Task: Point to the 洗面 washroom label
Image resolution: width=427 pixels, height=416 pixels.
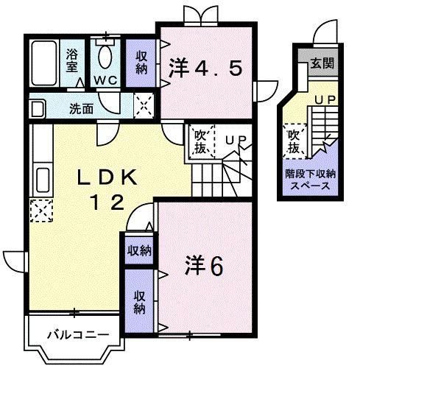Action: pyautogui.click(x=81, y=109)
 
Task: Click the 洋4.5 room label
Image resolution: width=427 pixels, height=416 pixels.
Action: pyautogui.click(x=205, y=69)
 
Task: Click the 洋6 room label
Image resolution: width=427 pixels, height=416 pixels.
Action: pyautogui.click(x=203, y=267)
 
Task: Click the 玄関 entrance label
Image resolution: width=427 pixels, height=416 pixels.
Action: pyautogui.click(x=322, y=63)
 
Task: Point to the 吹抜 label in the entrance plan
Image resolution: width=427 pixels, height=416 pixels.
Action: pyautogui.click(x=294, y=141)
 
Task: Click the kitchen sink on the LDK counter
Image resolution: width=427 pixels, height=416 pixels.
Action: pyautogui.click(x=40, y=180)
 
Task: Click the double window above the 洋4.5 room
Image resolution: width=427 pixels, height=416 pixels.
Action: pyautogui.click(x=200, y=15)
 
